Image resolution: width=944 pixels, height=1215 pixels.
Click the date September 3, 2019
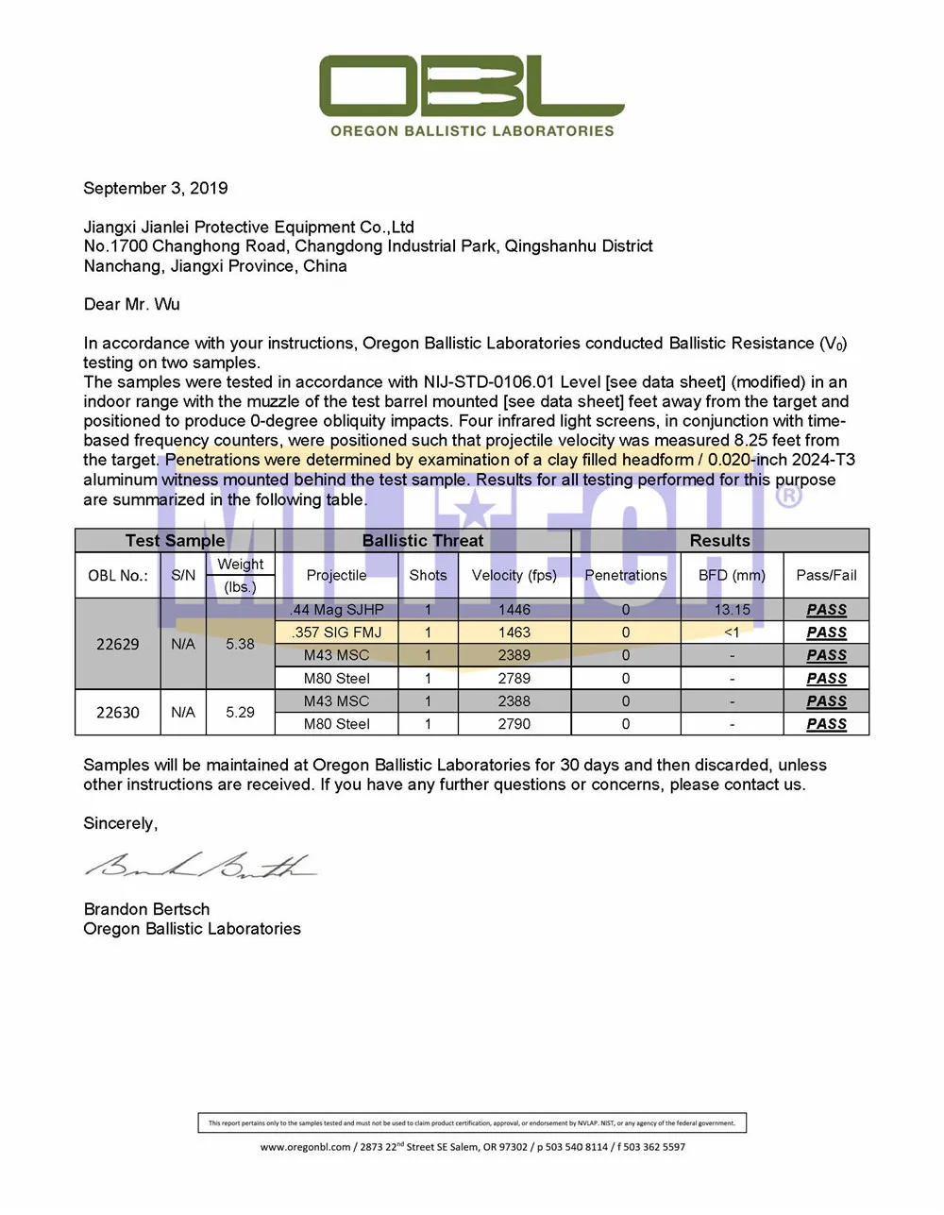pos(156,188)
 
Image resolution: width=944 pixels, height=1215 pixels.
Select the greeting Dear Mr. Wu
pos(131,304)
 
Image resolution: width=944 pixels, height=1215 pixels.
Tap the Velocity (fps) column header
pos(514,575)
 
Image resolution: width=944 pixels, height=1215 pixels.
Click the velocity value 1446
pos(514,610)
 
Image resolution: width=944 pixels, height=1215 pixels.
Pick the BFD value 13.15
pos(732,610)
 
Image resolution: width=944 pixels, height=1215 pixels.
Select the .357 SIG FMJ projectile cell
pos(337,633)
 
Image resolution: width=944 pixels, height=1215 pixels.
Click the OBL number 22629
pos(118,644)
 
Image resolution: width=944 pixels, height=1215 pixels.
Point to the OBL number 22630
pos(118,712)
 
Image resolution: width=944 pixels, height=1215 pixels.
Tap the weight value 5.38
pos(240,644)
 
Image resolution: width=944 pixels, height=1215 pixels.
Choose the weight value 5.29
pos(240,712)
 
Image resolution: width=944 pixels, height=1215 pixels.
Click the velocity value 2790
pos(514,724)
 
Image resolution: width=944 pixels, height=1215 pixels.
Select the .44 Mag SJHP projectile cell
pos(337,610)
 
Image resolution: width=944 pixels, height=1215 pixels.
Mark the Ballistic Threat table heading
pos(423,541)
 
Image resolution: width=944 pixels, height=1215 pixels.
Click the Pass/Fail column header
pos(826,575)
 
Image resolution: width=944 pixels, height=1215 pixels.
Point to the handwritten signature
pos(201,865)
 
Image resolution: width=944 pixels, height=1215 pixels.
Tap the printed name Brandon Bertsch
pos(147,909)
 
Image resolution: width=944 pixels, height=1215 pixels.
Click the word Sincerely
pos(120,823)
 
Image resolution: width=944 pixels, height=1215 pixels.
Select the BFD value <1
pos(732,633)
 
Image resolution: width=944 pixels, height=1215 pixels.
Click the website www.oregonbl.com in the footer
pos(306,1147)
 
